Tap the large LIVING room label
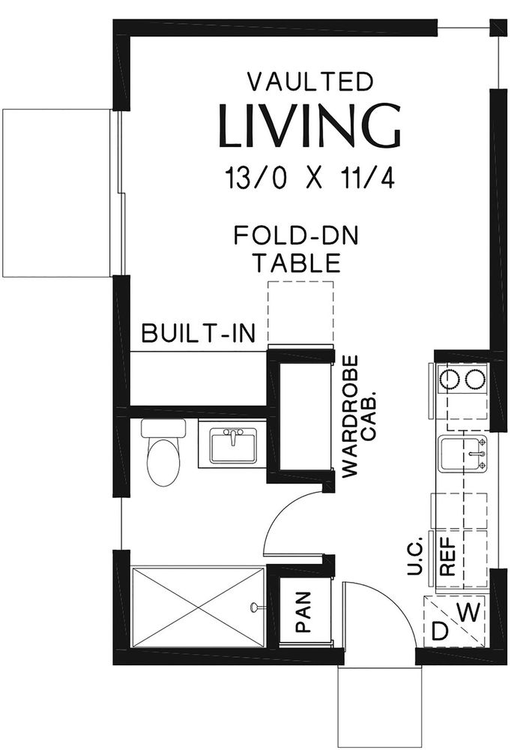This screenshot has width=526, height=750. (309, 126)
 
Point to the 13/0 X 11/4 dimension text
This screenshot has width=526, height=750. (309, 179)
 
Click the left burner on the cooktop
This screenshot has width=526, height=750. (450, 380)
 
